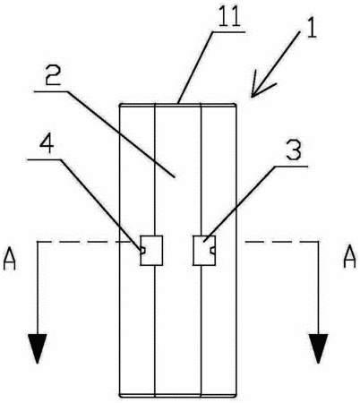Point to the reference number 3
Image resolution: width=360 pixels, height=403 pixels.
294,150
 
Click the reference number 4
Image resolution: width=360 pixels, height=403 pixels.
47,143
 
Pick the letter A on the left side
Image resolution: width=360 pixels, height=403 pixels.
9,260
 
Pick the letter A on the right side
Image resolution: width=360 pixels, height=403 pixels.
349,257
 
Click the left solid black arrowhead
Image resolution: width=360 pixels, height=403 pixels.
38,347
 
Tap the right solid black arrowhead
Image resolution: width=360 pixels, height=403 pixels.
318,347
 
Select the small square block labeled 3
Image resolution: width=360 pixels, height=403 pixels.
204,250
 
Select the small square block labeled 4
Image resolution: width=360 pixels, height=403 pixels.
151,250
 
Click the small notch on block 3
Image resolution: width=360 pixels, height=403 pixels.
213,251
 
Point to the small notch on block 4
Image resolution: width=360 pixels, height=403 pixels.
142,251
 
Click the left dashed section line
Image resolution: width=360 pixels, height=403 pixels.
84,242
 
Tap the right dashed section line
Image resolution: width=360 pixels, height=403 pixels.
282,242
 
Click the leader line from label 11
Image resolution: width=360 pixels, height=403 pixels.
196,67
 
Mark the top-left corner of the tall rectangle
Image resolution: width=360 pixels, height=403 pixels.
120,104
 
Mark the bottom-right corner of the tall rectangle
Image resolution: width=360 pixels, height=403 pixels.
236,396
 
